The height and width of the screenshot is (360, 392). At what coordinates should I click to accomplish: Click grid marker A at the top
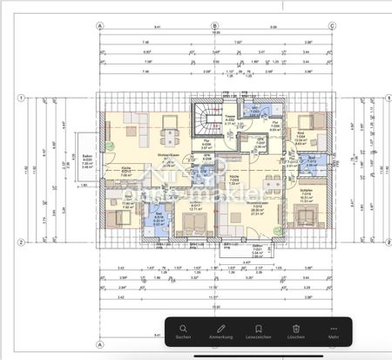point(101,26)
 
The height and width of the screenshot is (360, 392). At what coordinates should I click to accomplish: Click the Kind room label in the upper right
point(301,135)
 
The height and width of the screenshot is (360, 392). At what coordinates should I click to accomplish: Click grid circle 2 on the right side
point(375,236)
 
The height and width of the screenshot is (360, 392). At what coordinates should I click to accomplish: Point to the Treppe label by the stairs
point(230,119)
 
